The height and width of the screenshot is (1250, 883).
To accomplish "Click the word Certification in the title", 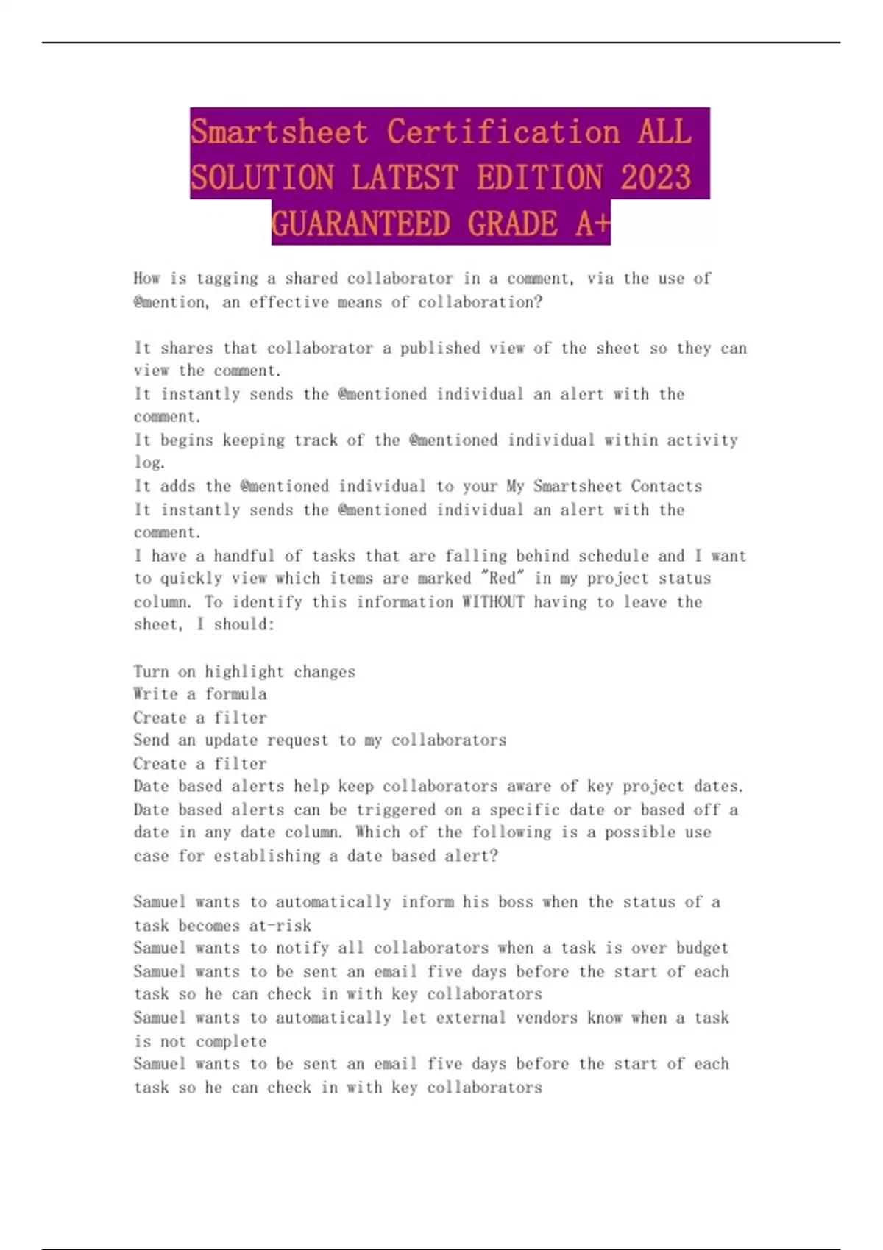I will pos(503,132).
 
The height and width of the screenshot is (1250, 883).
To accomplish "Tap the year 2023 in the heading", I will pos(656,178).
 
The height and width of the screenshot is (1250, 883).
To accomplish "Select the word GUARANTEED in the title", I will pos(361,224).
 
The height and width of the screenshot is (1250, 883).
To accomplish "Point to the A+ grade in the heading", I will pos(593,224).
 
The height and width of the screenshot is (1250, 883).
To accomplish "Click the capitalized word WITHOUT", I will pos(493,602).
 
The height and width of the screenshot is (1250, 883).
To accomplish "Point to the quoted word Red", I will pos(503,579).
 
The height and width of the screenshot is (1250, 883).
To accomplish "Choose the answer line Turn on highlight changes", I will pos(244,671).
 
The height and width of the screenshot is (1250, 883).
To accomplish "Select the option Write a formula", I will pos(200,694).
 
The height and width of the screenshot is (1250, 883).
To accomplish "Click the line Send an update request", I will pos(319,740).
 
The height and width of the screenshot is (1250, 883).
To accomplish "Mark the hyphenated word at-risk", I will pos(280,925).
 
